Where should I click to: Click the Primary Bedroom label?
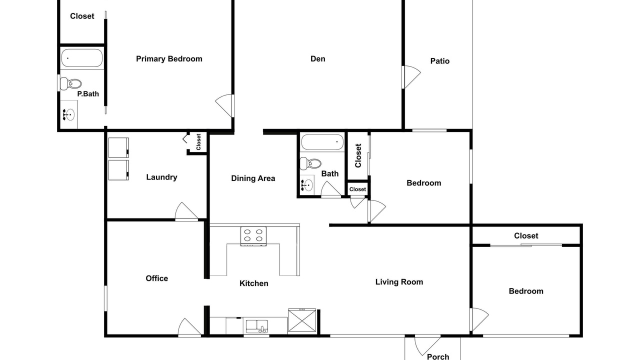tap(169, 59)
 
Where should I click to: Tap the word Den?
tap(317, 59)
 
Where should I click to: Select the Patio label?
tap(440, 61)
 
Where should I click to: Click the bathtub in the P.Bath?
tap(81, 58)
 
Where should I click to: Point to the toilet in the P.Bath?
tap(71, 83)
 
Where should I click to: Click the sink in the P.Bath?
tap(69, 114)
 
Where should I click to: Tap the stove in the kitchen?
tap(253, 236)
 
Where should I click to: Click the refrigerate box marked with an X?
tap(302, 321)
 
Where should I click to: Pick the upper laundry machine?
tap(118, 147)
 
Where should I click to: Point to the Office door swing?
tap(189, 327)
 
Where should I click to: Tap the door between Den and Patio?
tap(411, 77)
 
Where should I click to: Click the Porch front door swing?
tap(427, 345)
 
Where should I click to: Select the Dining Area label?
tap(253, 178)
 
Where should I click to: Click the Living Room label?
tap(399, 282)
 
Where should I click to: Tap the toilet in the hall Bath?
tap(310, 163)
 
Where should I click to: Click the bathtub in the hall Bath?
tap(322, 141)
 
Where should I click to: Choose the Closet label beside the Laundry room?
tap(198, 141)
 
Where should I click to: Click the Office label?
tap(157, 278)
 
